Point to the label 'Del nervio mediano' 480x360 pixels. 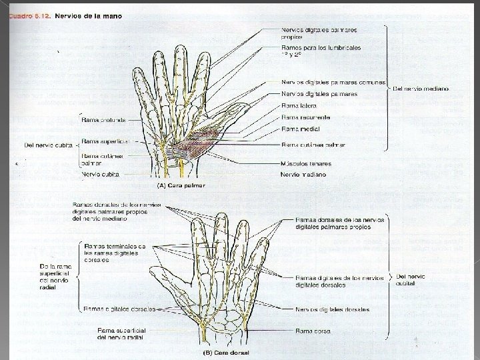coord(421,89)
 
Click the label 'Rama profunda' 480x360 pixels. coord(103,121)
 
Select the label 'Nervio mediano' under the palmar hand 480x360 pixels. coord(304,175)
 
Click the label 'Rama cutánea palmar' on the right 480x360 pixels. coord(313,145)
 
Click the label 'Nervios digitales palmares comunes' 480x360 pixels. coord(333,83)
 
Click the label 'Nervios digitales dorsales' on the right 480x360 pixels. coord(332,309)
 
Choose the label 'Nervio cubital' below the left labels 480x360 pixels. coord(101,174)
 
